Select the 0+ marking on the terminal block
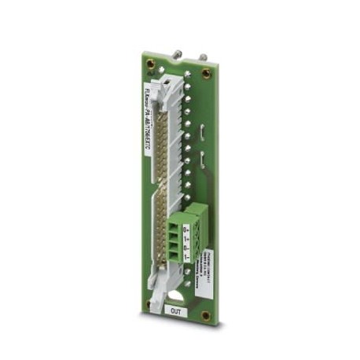(186, 229)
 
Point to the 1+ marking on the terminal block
(186, 240)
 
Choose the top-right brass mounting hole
(207, 73)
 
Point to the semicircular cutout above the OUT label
(178, 297)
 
